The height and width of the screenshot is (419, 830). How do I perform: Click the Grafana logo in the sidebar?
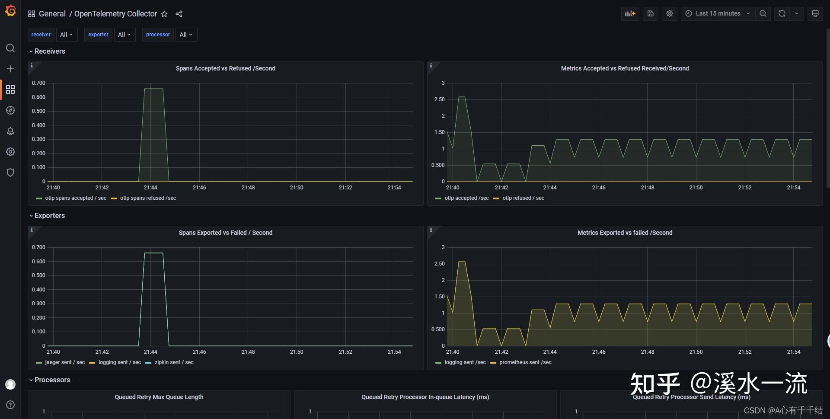tap(10, 10)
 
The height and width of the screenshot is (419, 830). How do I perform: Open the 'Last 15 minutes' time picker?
tap(718, 13)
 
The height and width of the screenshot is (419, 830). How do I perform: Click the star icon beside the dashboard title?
tap(164, 14)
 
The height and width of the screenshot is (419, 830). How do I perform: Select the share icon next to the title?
tap(179, 14)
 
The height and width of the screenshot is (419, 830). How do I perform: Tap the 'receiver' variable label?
tap(41, 35)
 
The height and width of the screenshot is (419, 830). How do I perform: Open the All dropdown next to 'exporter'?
tap(124, 35)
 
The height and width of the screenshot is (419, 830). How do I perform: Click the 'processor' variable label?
tap(158, 35)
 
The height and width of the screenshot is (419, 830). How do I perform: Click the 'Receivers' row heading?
tap(50, 51)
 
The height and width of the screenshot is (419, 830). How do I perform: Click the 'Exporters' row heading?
tap(50, 215)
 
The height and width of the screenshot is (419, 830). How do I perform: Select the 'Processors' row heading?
tap(52, 380)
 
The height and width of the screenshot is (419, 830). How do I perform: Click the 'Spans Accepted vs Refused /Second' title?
tap(225, 68)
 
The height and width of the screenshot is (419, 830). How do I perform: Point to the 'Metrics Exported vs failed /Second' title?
tap(625, 233)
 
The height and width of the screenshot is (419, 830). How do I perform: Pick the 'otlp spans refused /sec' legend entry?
tap(148, 198)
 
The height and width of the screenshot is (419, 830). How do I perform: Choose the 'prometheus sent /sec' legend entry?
tap(525, 362)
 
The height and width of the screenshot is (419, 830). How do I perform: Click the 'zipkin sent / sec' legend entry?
tap(174, 362)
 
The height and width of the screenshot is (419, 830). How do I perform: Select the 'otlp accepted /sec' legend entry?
tap(466, 198)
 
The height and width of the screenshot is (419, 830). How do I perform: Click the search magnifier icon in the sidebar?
tap(10, 48)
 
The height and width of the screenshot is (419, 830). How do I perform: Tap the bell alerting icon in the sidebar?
tap(10, 131)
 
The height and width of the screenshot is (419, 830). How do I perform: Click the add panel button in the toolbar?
tap(630, 13)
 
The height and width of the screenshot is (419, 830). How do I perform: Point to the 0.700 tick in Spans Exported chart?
tap(38, 247)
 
